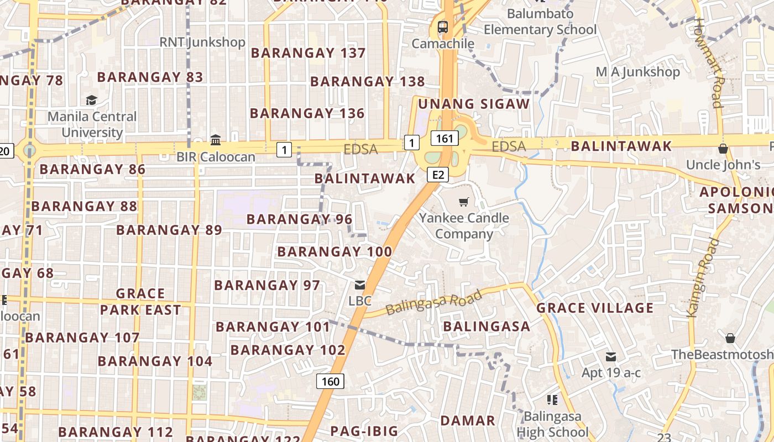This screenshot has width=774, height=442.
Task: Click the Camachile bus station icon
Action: point(442,27)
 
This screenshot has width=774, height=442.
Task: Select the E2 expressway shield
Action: point(437,175)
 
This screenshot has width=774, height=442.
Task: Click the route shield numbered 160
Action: point(330,381)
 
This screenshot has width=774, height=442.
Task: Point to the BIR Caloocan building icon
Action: point(216,140)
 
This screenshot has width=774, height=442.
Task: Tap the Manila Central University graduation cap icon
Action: point(91,100)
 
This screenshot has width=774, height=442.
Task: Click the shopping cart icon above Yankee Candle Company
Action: point(464,202)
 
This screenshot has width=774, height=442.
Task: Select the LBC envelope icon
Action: point(360,285)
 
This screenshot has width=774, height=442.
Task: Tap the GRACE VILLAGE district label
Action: point(595,308)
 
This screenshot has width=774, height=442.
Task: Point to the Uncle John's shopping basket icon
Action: point(723,149)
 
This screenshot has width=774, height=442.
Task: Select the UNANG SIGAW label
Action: point(474,104)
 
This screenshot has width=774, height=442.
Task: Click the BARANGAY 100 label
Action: point(334,252)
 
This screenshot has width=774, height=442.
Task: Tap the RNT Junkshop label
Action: point(202,42)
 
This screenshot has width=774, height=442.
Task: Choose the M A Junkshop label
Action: point(637,72)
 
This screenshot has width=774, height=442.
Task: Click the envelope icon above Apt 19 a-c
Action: point(611,357)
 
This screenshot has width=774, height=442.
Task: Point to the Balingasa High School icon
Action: point(551,399)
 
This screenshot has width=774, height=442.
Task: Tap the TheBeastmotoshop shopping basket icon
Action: point(730,338)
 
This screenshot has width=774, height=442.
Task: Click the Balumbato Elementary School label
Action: point(540,22)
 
